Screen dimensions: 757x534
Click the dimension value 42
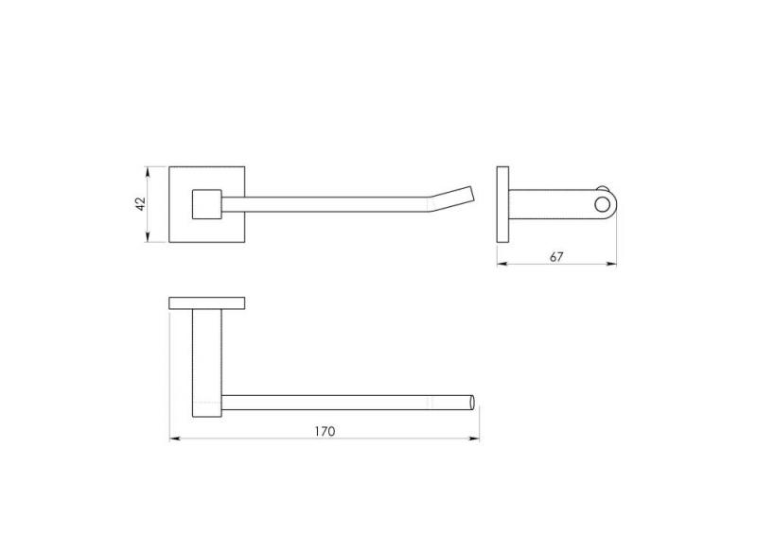coord(140,204)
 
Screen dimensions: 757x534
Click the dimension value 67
coord(556,257)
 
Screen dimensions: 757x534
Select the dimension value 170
coord(325,432)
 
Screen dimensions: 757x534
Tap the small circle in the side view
coord(602,204)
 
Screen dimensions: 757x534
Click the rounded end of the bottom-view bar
coord(472,403)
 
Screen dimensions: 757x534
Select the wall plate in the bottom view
coord(206,303)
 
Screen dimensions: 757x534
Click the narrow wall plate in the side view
coord(502,204)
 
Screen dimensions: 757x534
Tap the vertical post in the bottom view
coord(207,363)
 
